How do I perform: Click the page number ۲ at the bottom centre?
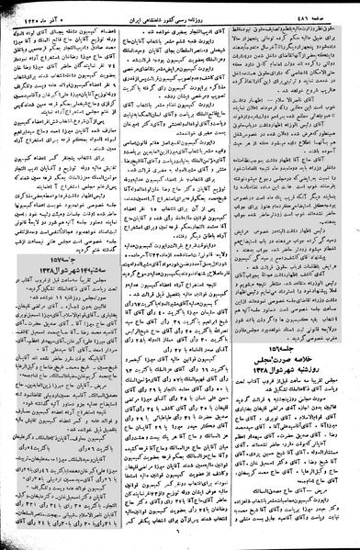coord(181,542)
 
